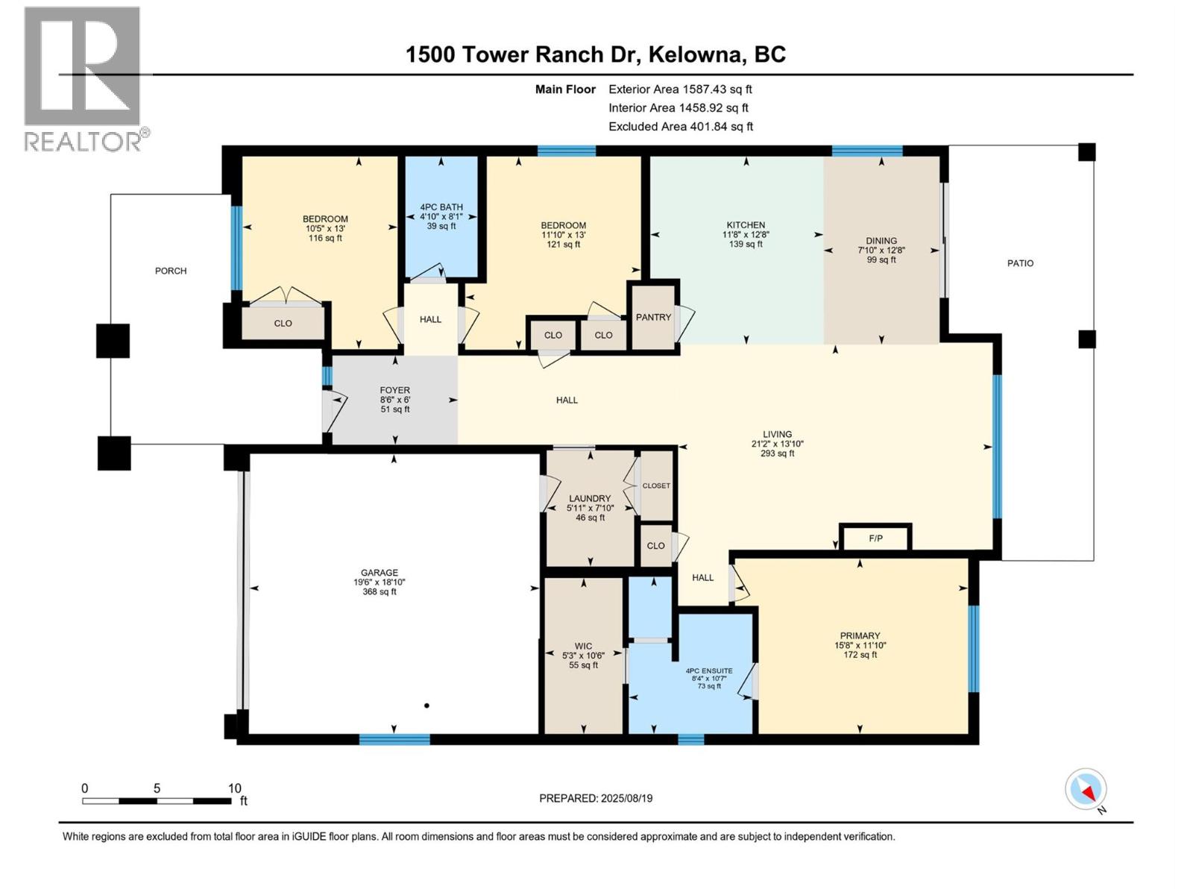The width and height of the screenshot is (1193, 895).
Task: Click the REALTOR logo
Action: (82, 78)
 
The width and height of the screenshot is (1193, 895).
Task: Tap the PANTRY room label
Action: (653, 317)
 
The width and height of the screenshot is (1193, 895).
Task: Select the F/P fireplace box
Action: (875, 538)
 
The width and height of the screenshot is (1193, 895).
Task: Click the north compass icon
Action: (1086, 789)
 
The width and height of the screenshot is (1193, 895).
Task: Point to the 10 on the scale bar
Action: (234, 788)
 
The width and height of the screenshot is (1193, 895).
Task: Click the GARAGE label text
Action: (380, 573)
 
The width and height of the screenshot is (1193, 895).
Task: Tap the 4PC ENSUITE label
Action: (708, 671)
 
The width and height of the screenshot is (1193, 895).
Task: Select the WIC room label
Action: (583, 647)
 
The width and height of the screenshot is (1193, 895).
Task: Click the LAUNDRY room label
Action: (590, 498)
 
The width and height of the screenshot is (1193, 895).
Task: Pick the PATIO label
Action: (1020, 263)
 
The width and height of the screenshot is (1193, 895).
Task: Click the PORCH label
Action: (171, 271)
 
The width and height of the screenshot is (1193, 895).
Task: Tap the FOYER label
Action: (394, 390)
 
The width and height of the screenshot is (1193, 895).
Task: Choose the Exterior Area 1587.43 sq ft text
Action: (680, 89)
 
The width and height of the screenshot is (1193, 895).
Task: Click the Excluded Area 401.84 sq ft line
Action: (680, 127)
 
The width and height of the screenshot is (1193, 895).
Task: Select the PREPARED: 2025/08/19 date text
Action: (596, 798)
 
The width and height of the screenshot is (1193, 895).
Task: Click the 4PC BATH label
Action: (441, 207)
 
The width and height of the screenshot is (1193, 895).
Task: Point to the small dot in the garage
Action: (426, 705)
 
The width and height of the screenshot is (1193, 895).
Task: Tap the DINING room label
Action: (881, 241)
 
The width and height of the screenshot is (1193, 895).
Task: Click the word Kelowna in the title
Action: (696, 54)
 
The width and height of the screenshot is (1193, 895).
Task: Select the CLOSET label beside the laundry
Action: (656, 486)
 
